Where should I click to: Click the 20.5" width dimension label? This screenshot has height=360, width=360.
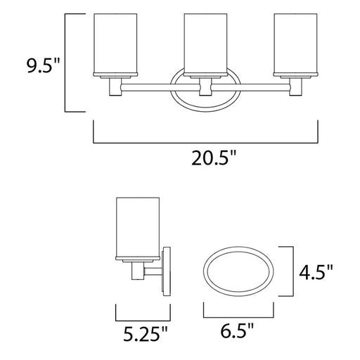click(x=214, y=158)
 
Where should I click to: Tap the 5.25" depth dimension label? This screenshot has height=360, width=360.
click(x=146, y=334)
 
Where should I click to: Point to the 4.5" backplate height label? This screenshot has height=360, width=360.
click(x=316, y=271)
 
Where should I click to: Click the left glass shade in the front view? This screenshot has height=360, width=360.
click(x=115, y=44)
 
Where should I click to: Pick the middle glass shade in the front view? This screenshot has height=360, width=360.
click(x=205, y=44)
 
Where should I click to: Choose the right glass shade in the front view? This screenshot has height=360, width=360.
click(x=295, y=44)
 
